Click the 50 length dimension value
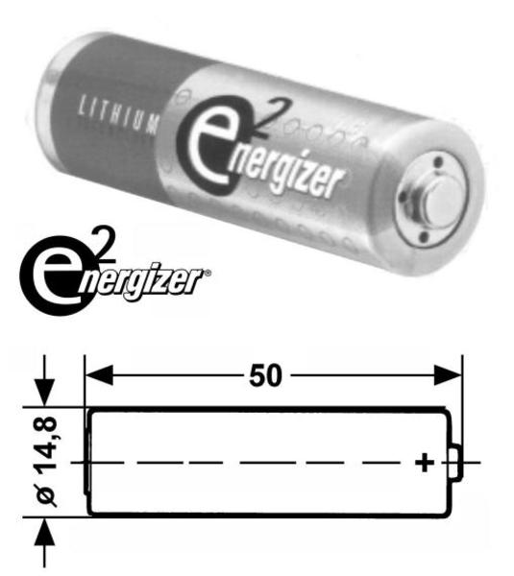[265, 375]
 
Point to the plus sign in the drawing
[425, 462]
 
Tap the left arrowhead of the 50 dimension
[99, 375]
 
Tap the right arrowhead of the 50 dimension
[448, 375]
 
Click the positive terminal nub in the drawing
[456, 462]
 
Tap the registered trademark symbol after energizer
[208, 273]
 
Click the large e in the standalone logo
[54, 276]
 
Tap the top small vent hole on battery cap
[438, 161]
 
